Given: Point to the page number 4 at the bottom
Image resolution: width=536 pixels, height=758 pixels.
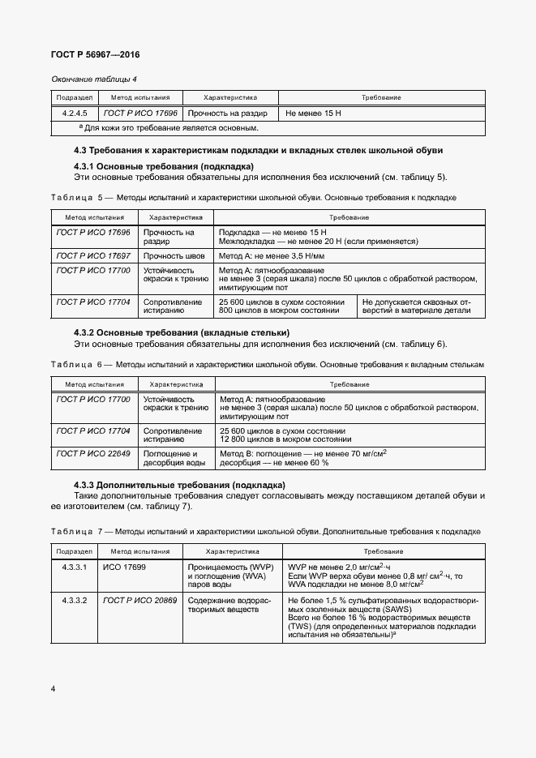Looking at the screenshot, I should (x=53, y=688).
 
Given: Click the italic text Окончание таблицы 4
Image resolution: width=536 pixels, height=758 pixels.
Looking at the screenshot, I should (x=94, y=79).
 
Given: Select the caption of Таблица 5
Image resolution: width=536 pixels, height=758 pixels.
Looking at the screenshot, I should (x=253, y=197).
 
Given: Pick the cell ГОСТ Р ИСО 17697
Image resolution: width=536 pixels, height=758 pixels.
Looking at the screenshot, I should (x=93, y=255).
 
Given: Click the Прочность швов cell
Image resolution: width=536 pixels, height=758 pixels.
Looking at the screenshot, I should (x=173, y=255).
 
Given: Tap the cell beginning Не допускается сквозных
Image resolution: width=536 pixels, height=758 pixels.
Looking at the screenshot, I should (x=422, y=306).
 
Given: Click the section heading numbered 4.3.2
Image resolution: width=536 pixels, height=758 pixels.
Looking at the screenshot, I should (x=182, y=333).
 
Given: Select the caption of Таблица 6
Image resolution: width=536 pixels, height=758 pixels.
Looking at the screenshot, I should (x=267, y=365).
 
